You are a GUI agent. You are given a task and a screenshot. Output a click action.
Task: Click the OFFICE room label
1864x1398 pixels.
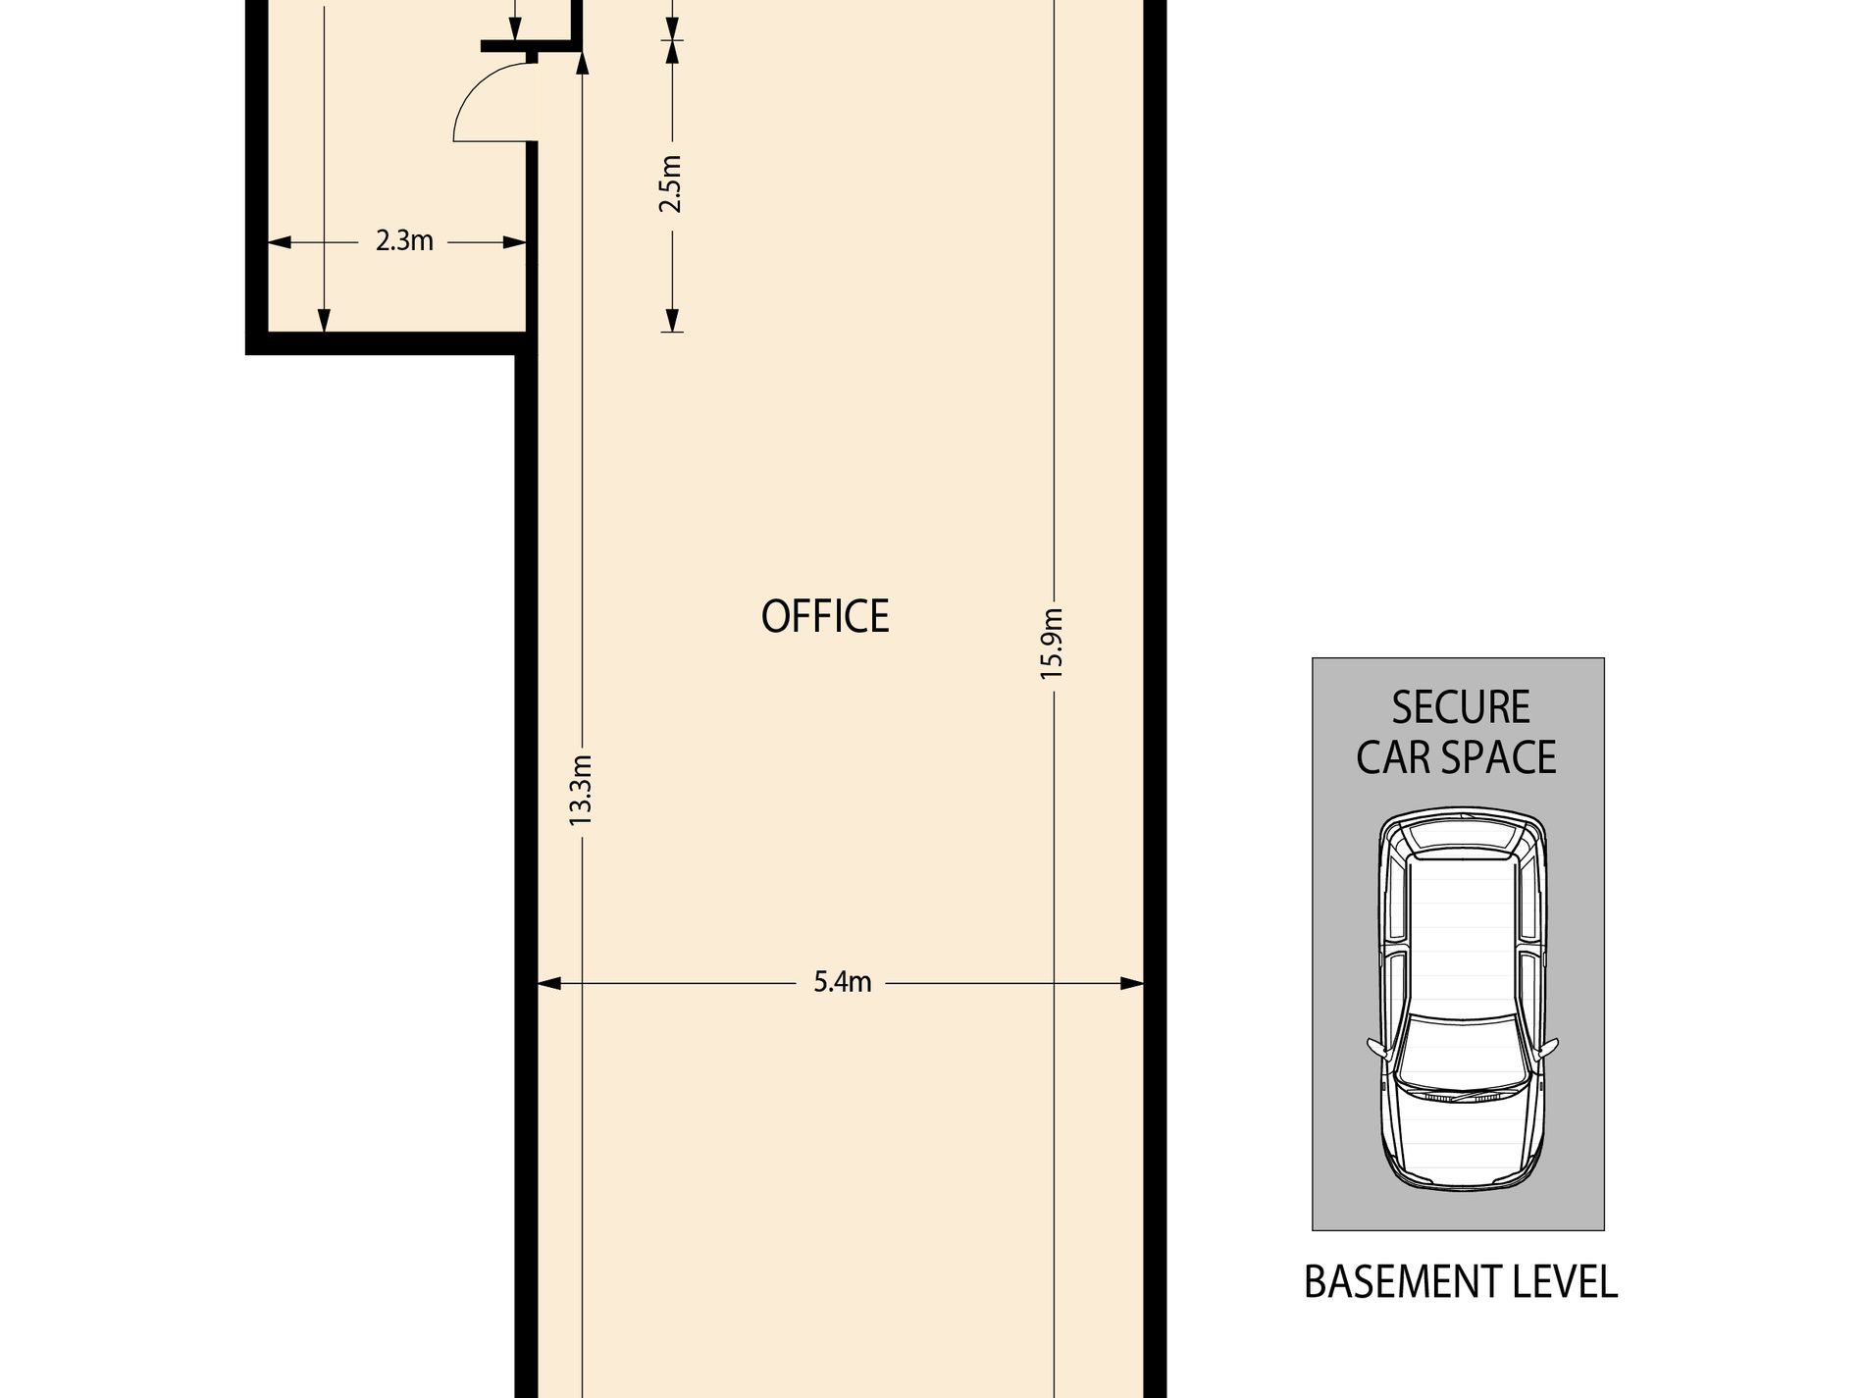[x=825, y=616]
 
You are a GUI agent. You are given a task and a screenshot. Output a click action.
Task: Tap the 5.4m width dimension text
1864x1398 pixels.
[x=842, y=982]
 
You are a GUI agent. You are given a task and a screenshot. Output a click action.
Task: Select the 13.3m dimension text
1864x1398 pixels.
[x=581, y=789]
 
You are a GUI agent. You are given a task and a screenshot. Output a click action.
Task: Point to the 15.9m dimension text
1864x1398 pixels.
[x=1053, y=644]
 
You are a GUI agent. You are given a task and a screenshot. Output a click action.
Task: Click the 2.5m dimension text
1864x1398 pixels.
[x=671, y=183]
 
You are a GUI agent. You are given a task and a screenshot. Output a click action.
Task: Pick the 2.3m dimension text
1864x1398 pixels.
[x=404, y=240]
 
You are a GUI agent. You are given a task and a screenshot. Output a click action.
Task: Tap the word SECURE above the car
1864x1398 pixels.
[x=1461, y=707]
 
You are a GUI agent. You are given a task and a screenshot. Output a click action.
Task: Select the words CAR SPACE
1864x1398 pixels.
[x=1456, y=757]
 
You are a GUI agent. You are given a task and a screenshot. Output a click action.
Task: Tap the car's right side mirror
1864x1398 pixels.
[x=1548, y=1047]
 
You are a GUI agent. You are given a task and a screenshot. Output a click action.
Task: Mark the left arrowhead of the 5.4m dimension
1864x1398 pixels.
[x=548, y=983]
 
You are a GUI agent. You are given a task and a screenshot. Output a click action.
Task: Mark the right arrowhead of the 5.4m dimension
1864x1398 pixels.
[x=1132, y=983]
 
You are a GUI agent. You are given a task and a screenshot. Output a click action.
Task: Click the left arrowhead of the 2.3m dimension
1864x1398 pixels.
[x=281, y=241]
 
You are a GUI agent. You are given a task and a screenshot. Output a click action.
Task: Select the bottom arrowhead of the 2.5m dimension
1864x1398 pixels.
[x=672, y=320]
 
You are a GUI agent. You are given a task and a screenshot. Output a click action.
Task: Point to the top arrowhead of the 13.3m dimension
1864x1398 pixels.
[x=582, y=63]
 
